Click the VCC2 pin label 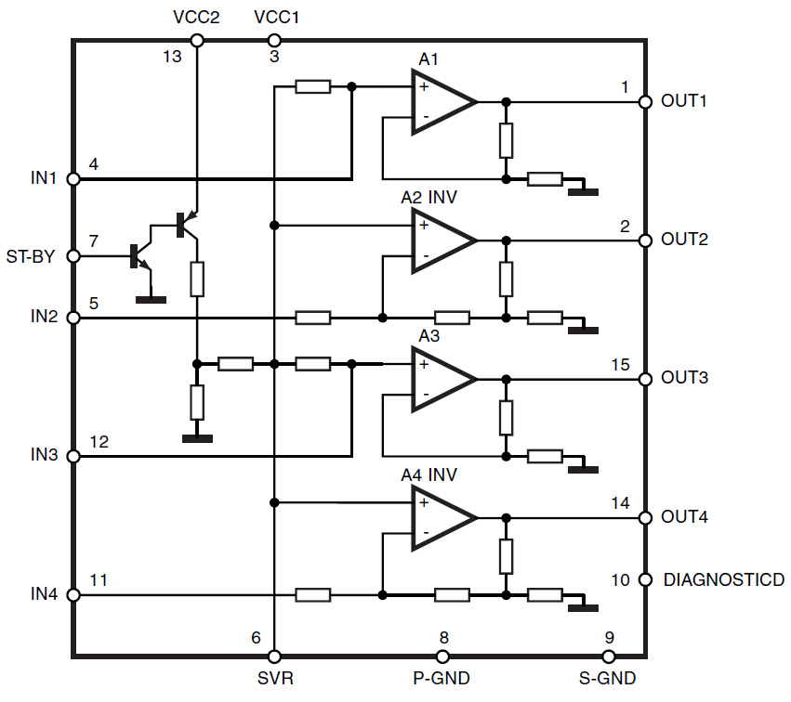click(x=196, y=17)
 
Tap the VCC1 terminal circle click(x=274, y=40)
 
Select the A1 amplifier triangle click(x=444, y=102)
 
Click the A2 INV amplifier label click(x=428, y=197)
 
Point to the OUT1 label click(x=683, y=101)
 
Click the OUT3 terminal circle click(x=645, y=379)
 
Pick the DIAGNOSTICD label click(x=724, y=579)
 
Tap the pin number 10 click(x=621, y=580)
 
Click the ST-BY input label click(x=31, y=256)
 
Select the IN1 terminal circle click(x=73, y=178)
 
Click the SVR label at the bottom click(x=275, y=678)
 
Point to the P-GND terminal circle click(x=442, y=656)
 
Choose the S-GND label click(x=607, y=678)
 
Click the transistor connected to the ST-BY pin click(x=140, y=257)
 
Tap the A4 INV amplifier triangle click(x=444, y=518)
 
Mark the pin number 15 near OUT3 click(x=621, y=364)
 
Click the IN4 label click(x=44, y=594)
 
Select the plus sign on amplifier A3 click(x=424, y=364)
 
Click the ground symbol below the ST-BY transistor click(x=151, y=300)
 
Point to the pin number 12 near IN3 click(x=99, y=442)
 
